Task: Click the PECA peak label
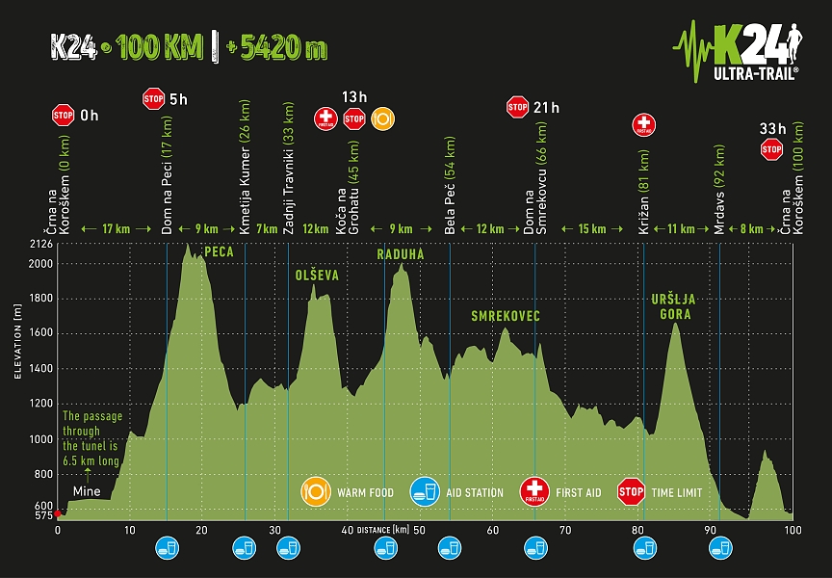pos(220,252)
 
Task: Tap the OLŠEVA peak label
pos(317,276)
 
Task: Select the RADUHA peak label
pos(400,254)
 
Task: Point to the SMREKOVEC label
pos(506,316)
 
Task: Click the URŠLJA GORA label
pos(673,306)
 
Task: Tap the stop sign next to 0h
pos(64,116)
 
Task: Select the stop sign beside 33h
pos(771,148)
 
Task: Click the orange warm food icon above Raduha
pos(381,118)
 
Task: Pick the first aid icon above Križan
pos(643,124)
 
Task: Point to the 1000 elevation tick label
pos(41,439)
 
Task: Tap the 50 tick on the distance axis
pos(419,530)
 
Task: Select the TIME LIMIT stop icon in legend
pos(631,492)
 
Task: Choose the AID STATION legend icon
pos(424,492)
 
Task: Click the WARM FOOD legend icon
pos(315,492)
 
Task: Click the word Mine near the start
pos(89,488)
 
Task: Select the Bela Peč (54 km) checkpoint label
pos(451,187)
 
